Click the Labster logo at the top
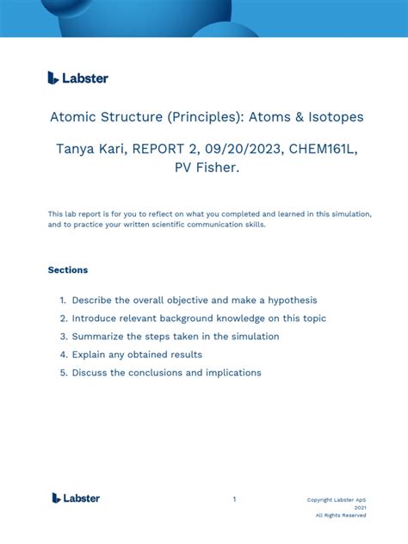tap(78, 77)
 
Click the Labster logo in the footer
tap(76, 498)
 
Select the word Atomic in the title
tap(76, 117)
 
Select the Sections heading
tap(68, 269)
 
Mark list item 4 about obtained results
tap(137, 355)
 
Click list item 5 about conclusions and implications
tap(166, 373)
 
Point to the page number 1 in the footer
tap(234, 498)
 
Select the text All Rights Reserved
tap(340, 516)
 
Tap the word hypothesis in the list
tap(288, 300)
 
